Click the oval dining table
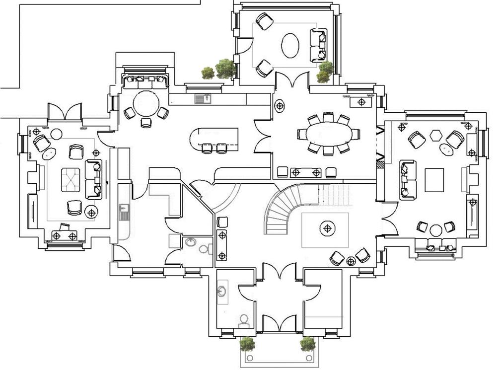(x=328, y=134)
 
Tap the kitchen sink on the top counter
(x=203, y=99)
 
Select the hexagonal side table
(x=436, y=135)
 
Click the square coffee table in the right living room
(x=434, y=180)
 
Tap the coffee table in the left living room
(x=70, y=179)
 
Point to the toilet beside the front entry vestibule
(x=243, y=319)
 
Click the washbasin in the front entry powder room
(x=222, y=291)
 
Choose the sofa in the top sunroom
(x=318, y=45)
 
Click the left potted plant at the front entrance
(x=247, y=343)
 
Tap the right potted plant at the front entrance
(x=307, y=343)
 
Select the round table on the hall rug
(x=327, y=229)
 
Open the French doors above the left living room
(x=65, y=112)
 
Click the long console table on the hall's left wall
(x=222, y=245)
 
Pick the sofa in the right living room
(x=407, y=179)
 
